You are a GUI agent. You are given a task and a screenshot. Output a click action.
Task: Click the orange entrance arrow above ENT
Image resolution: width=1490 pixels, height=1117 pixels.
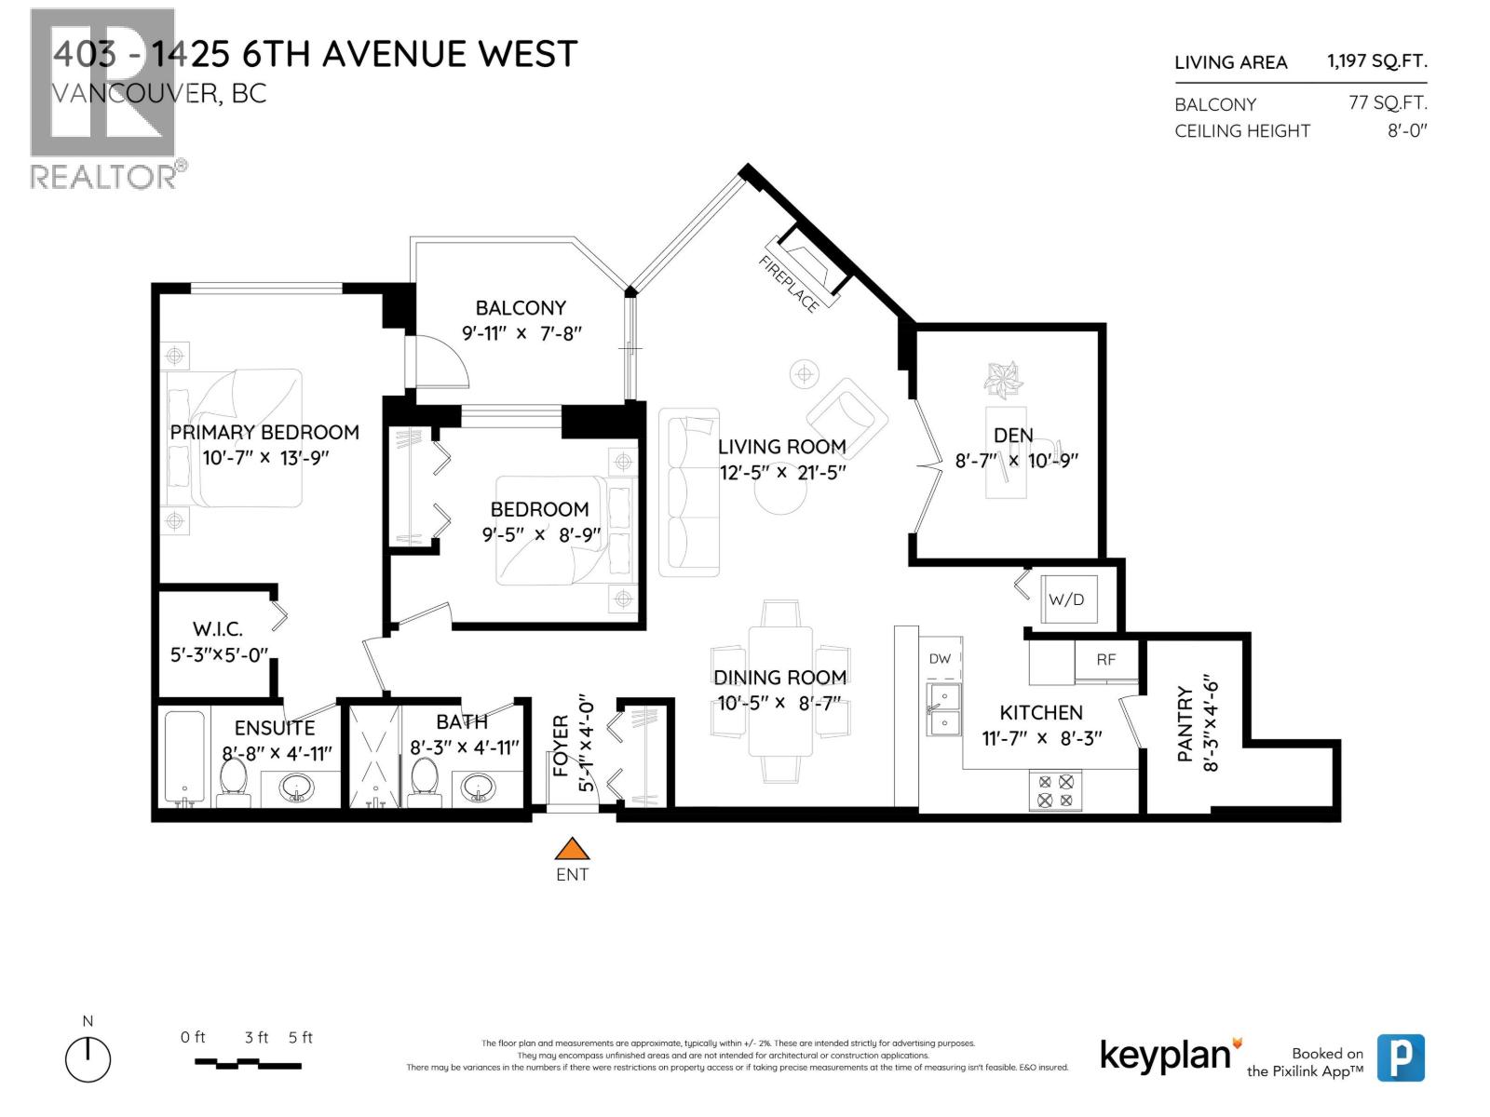[573, 849]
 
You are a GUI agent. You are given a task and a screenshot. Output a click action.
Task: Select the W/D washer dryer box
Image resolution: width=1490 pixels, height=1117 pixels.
[1068, 599]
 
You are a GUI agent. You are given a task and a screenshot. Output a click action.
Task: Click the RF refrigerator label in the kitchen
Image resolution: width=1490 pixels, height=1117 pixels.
[1105, 660]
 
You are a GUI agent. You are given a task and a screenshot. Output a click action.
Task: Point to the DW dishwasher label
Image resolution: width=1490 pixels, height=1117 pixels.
[940, 658]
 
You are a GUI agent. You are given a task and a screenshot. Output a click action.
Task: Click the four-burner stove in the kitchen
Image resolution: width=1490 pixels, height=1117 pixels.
[1055, 790]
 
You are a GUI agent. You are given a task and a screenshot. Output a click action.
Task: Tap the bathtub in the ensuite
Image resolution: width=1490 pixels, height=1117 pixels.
[184, 757]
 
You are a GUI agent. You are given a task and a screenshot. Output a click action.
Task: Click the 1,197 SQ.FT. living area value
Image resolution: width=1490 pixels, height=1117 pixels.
[1376, 61]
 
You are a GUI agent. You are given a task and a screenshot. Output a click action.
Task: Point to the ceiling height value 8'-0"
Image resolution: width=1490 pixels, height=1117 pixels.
[1406, 130]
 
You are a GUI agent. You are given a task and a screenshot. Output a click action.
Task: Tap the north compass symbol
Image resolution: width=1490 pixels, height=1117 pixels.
[88, 1058]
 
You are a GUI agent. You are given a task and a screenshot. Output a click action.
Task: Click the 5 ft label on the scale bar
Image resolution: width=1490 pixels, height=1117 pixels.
[301, 1037]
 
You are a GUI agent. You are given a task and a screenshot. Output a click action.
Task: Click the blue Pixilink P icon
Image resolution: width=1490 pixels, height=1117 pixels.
[1400, 1058]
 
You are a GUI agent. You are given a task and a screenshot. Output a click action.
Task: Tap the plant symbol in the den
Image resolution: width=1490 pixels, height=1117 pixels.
[1004, 379]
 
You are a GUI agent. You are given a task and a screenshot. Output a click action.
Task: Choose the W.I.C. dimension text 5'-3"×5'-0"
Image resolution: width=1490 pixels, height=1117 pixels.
[219, 654]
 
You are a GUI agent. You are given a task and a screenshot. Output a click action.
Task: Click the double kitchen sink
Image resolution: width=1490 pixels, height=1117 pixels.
[943, 709]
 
